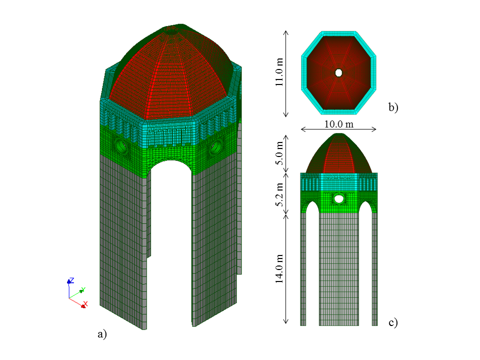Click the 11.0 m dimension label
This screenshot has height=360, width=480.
(280, 73)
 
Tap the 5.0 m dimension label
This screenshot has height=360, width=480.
(280, 153)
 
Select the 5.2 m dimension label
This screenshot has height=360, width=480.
(280, 194)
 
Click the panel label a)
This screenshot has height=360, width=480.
(102, 334)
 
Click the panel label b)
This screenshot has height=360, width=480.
(393, 107)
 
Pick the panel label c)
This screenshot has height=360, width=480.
(393, 323)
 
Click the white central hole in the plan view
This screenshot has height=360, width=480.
(338, 73)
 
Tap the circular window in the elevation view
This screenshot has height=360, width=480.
(339, 198)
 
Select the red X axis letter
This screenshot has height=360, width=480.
(85, 303)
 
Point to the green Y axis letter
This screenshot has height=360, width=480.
(83, 289)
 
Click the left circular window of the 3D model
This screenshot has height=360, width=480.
(121, 145)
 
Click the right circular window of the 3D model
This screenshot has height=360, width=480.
(216, 147)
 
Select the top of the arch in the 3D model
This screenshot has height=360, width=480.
(170, 161)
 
